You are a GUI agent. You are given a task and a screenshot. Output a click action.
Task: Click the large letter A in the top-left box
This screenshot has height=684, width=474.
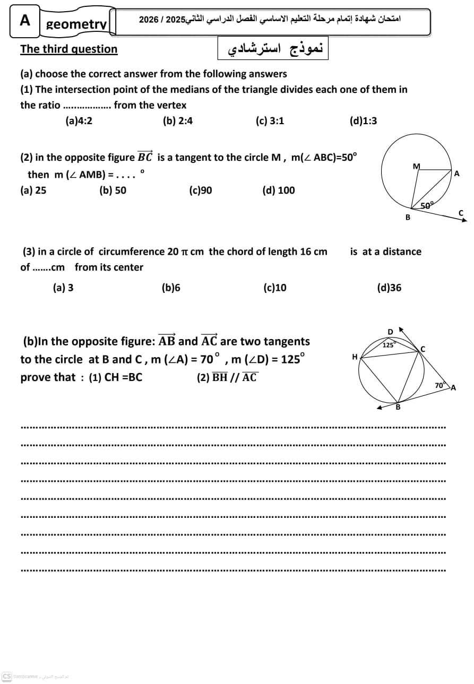pyautogui.click(x=25, y=20)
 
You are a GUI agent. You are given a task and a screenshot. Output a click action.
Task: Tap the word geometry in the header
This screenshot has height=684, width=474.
pyautogui.click(x=76, y=24)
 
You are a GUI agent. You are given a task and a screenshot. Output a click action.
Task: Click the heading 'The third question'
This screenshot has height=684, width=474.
pyautogui.click(x=68, y=49)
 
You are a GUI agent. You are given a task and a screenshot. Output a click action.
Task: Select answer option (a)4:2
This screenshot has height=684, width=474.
pyautogui.click(x=79, y=121)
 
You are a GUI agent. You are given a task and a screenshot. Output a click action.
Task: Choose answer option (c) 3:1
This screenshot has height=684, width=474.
pyautogui.click(x=270, y=121)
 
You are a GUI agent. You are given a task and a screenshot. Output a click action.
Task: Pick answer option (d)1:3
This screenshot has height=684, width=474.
pyautogui.click(x=363, y=121)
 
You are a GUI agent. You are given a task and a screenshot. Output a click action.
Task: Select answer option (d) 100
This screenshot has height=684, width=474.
pyautogui.click(x=278, y=191)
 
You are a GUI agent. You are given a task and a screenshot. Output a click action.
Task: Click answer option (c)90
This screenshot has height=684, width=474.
pyautogui.click(x=200, y=191)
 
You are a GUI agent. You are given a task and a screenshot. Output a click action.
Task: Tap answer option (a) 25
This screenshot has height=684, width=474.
pyautogui.click(x=33, y=191)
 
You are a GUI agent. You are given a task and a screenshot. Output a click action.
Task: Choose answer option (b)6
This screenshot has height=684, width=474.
pyautogui.click(x=171, y=288)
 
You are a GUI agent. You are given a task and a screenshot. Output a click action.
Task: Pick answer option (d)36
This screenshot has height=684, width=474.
pyautogui.click(x=389, y=288)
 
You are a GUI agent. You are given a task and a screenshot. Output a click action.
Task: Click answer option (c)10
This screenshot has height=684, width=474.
pyautogui.click(x=275, y=288)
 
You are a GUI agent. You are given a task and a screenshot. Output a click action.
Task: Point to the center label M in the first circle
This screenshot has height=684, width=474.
pyautogui.click(x=416, y=166)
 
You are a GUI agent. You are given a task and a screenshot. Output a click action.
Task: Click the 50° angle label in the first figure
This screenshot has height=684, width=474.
pyautogui.click(x=427, y=205)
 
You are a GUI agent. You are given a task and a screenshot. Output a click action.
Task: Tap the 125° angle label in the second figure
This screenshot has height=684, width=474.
pyautogui.click(x=389, y=345)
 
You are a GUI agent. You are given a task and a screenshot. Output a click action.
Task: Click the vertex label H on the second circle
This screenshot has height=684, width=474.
pyautogui.click(x=355, y=357)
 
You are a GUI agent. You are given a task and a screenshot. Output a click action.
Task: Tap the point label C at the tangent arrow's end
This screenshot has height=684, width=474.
pyautogui.click(x=461, y=213)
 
